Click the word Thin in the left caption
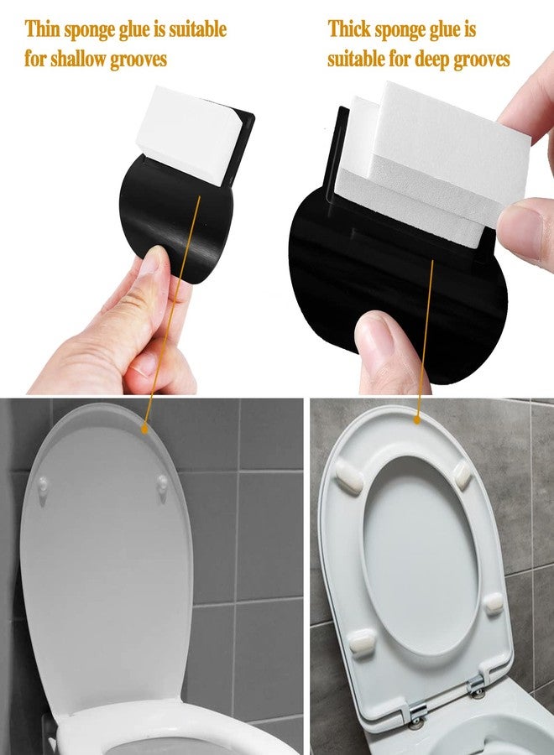[43, 29]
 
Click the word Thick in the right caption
[349, 29]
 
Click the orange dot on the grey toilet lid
[144, 429]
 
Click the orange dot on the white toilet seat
[417, 420]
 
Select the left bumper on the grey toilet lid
[44, 486]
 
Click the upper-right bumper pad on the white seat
[463, 474]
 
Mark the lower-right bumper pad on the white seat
[493, 603]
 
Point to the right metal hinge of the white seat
[476, 686]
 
